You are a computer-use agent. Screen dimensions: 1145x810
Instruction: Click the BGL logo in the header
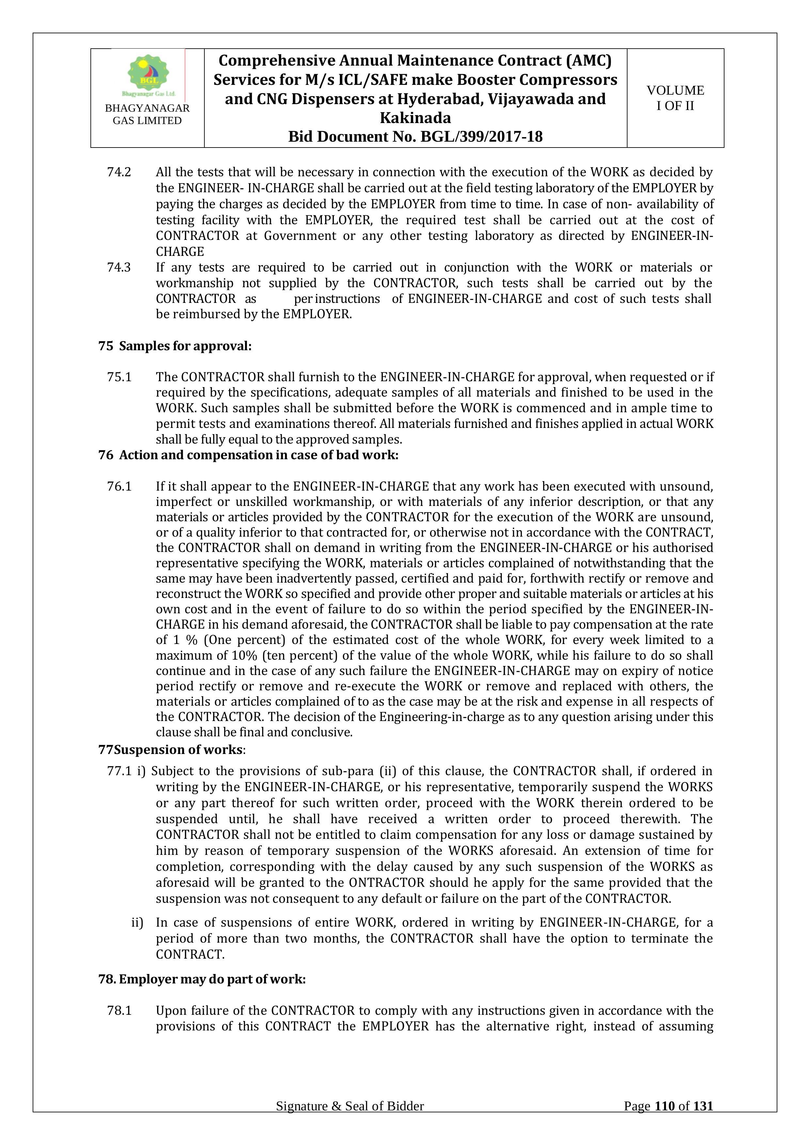tap(148, 75)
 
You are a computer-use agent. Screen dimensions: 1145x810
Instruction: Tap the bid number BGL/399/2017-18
tap(481, 137)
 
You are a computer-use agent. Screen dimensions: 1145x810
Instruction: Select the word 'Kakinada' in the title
tap(415, 118)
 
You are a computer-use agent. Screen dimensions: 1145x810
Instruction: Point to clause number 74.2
tap(119, 172)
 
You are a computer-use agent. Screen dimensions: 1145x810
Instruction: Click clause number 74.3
tap(119, 267)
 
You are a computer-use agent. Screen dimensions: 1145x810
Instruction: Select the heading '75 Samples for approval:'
tap(175, 346)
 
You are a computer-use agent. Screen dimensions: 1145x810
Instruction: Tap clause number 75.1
tap(119, 377)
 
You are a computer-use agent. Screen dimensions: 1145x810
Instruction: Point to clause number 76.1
tap(119, 486)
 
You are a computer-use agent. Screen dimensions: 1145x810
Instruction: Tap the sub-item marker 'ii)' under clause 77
tap(137, 923)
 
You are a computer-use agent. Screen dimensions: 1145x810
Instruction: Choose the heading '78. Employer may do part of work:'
tap(202, 980)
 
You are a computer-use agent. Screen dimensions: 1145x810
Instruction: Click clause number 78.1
tap(119, 1011)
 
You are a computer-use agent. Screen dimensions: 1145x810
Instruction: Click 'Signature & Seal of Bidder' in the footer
tap(350, 1120)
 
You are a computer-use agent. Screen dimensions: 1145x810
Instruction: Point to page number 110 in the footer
tap(664, 1120)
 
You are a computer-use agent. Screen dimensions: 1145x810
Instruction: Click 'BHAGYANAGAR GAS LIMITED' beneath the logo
tap(147, 114)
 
